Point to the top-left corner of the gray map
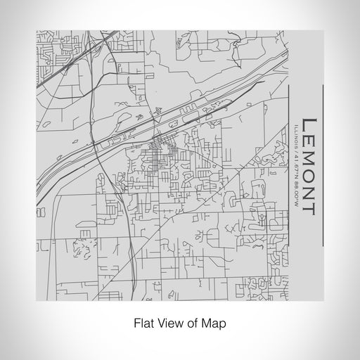[37, 31]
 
